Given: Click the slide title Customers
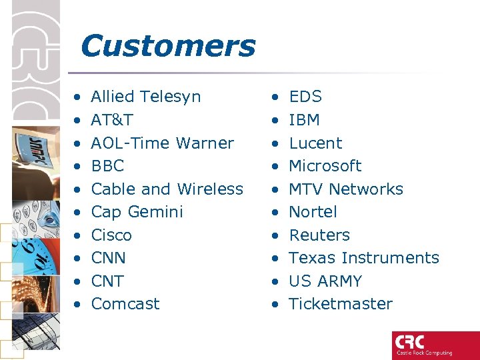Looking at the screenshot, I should click(167, 47).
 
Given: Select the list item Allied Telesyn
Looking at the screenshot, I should click(145, 97).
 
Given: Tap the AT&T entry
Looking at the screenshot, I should click(111, 120).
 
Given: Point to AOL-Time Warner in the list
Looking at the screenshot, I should click(162, 143).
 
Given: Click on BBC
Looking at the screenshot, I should click(107, 166).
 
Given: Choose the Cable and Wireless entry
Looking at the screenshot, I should click(167, 189).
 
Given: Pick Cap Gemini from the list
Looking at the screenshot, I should click(137, 212).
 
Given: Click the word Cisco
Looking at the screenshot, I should click(111, 235).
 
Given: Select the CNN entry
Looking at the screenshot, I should click(108, 258).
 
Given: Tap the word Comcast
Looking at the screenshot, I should click(125, 304).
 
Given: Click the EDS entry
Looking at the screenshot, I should click(305, 97).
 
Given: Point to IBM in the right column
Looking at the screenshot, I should click(304, 120).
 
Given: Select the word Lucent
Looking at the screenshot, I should click(315, 143).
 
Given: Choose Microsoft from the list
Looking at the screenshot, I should click(325, 166).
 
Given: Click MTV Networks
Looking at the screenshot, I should click(345, 189).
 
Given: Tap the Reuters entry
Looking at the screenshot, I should click(319, 235).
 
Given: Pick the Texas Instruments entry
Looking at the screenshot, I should click(363, 258).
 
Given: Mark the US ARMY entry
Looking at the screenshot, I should click(325, 281).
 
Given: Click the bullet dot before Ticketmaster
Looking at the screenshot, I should click(275, 305).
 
